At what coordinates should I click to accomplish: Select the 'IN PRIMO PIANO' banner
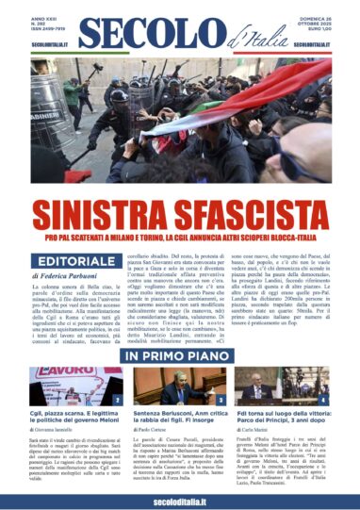click(180, 356)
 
